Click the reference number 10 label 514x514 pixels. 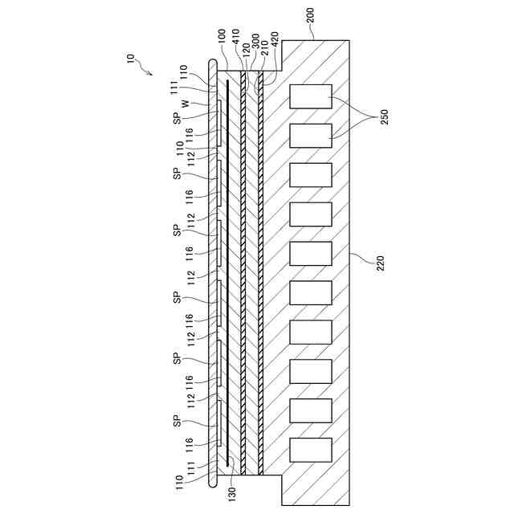131,59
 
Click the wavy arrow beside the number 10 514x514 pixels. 145,71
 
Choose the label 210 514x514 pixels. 265,46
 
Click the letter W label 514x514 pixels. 186,103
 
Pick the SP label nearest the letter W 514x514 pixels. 177,117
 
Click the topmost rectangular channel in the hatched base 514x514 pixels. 311,96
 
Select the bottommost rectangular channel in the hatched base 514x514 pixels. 311,449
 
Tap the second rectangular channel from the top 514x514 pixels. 311,135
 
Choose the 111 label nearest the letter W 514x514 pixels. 174,88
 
